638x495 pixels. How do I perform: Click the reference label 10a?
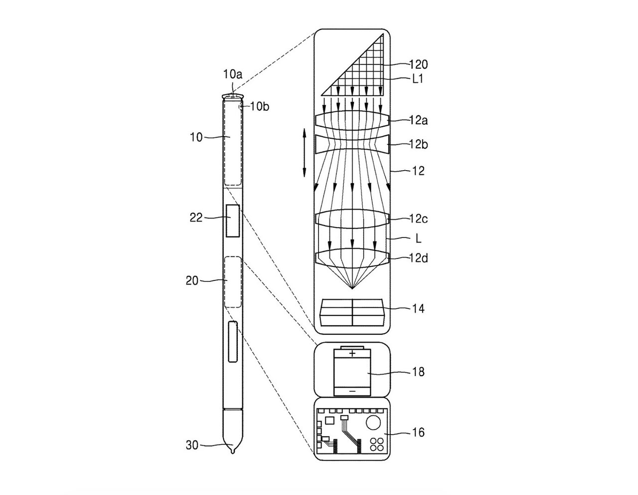[x=233, y=74]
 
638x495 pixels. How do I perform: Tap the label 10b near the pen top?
[x=260, y=107]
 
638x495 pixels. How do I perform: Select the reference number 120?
[x=418, y=64]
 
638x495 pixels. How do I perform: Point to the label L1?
[x=417, y=79]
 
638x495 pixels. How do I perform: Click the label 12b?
[x=418, y=145]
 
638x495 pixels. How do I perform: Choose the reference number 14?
[x=418, y=309]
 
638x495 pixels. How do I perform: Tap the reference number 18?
[x=418, y=372]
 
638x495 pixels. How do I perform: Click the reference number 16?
[x=418, y=433]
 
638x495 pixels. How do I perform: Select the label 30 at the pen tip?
[x=192, y=445]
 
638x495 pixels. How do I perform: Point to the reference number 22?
[x=196, y=218]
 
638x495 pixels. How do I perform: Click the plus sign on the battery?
[x=352, y=353]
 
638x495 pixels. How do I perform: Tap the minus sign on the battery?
[x=352, y=391]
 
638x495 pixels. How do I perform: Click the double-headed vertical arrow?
[x=304, y=153]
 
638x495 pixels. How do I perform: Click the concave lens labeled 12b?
[x=352, y=144]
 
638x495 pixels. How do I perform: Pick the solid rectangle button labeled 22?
[x=233, y=221]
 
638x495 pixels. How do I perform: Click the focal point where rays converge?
[x=352, y=289]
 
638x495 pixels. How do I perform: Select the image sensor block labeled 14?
[x=352, y=312]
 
